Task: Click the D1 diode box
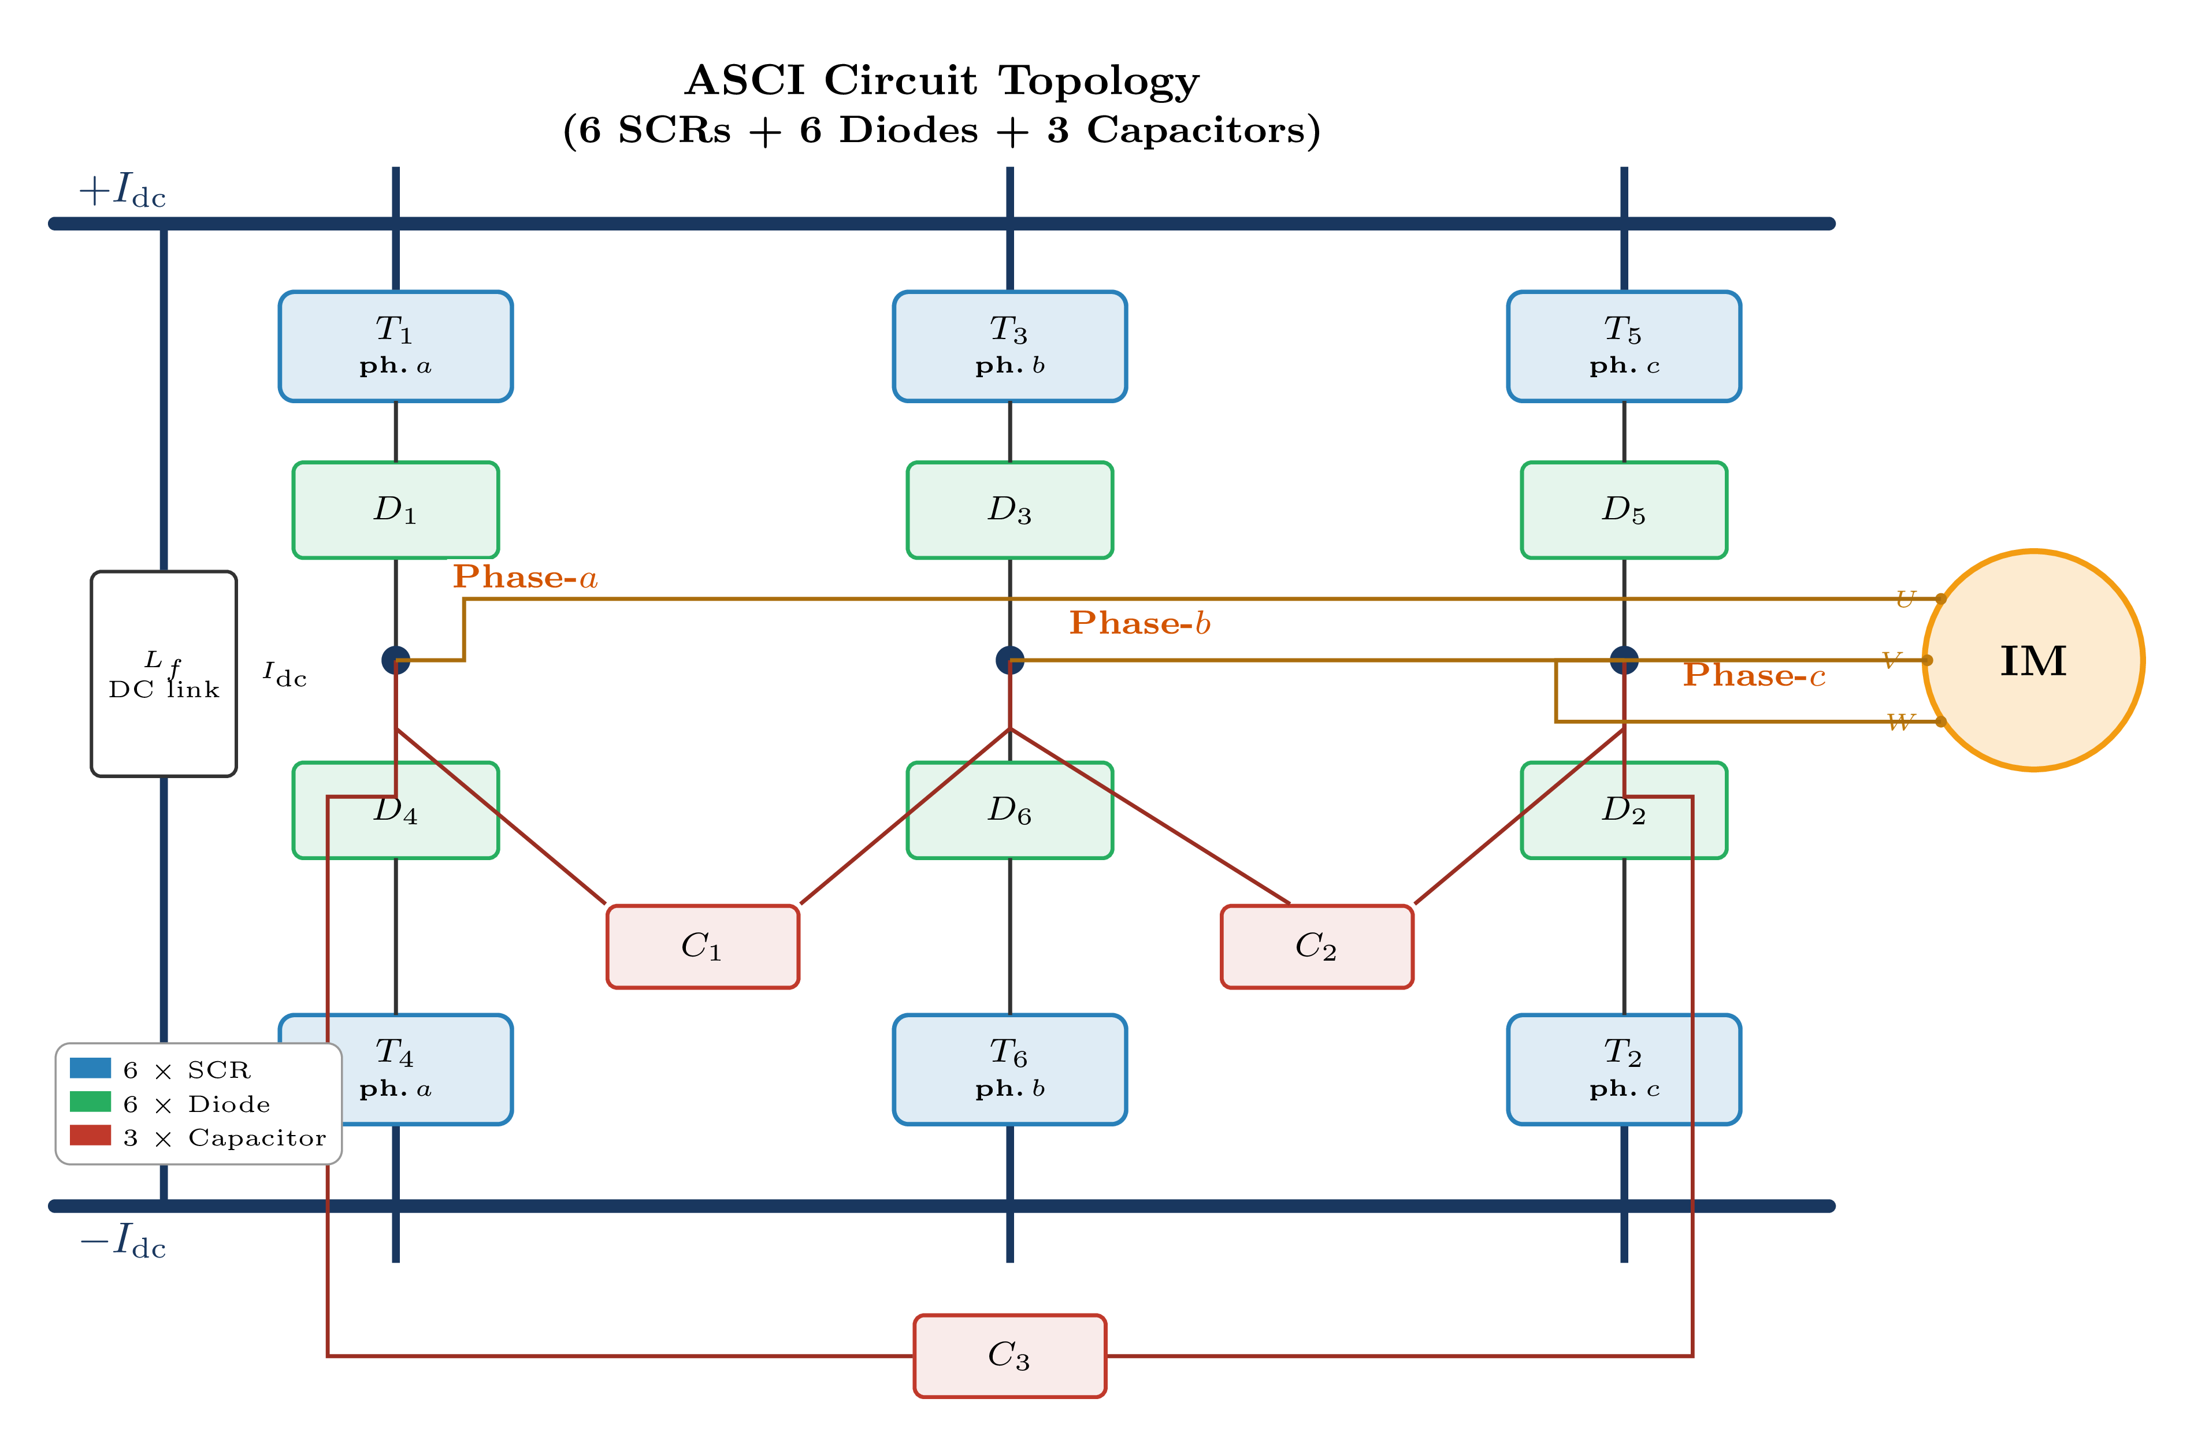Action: [395, 509]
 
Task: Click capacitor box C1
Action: [703, 946]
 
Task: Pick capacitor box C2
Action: [1316, 946]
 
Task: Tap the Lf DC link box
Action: [164, 674]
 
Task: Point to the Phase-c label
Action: [1754, 675]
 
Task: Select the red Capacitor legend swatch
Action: [91, 1136]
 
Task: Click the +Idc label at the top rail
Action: [122, 191]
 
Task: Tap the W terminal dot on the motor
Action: [1940, 721]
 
